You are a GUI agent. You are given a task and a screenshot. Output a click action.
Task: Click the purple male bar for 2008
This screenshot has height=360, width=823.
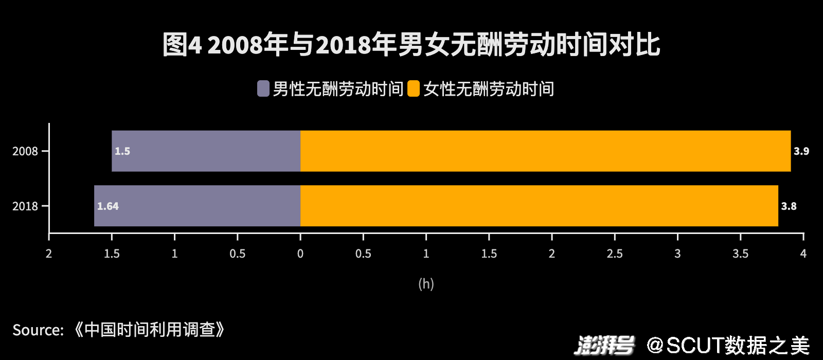(206, 151)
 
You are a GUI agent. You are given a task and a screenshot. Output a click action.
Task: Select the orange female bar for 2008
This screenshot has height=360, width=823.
(545, 151)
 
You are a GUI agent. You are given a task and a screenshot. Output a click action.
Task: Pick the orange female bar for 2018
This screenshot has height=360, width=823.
(539, 206)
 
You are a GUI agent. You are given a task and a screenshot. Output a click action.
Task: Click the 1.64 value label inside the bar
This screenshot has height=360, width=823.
(108, 206)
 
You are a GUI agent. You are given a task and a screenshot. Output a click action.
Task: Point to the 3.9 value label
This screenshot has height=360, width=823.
(801, 151)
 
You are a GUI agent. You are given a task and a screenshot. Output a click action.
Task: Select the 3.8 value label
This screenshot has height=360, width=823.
(789, 206)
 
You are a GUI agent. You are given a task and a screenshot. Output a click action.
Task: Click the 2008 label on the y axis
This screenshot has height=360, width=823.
(25, 151)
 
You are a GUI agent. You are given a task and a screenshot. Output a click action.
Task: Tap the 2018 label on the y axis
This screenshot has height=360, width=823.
(25, 206)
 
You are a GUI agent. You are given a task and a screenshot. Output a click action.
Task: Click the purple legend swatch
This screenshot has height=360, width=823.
(263, 88)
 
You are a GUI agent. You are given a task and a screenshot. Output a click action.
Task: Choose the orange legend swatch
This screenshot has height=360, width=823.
(414, 88)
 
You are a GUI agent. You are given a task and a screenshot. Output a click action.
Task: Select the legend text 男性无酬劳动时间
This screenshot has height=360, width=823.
(338, 89)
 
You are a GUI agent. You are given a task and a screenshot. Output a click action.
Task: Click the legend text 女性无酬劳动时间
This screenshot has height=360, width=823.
(489, 89)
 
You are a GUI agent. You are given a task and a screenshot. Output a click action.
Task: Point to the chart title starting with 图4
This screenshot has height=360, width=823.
(411, 45)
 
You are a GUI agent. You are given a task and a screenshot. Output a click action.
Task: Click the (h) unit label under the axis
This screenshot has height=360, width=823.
(426, 283)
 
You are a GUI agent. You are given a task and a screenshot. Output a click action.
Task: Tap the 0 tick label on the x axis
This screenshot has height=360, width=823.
(300, 254)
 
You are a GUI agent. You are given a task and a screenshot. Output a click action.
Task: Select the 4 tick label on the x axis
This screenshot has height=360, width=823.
(803, 254)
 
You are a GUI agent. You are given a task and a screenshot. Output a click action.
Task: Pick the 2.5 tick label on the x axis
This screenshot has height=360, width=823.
(615, 254)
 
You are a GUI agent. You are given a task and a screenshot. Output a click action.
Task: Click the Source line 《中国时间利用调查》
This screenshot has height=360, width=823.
(119, 330)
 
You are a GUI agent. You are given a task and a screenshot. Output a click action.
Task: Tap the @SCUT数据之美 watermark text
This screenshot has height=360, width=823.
(728, 345)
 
